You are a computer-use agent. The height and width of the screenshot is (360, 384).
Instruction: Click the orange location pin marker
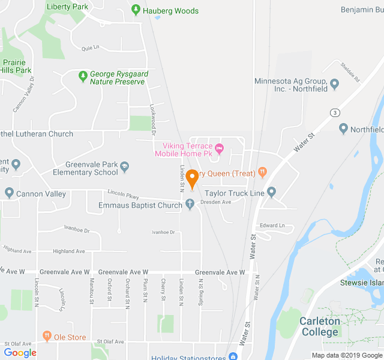pos(192,179)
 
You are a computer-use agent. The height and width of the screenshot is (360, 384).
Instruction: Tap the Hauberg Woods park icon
pos(136,11)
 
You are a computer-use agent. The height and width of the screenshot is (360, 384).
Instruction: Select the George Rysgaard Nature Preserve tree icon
pos(83,77)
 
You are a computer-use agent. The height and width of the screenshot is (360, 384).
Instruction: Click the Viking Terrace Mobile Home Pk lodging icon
pos(219,148)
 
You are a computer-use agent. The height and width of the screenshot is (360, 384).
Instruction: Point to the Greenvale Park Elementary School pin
pos(124,166)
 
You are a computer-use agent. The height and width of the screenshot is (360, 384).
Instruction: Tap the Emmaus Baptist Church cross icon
pos(190,205)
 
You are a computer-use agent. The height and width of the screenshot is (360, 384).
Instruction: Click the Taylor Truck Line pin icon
pos(271,193)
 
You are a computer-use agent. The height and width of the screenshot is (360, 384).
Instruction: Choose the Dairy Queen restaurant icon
pos(262,173)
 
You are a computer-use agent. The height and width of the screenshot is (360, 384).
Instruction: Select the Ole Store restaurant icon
pos(47,337)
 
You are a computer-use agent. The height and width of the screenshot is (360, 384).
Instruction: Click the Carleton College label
pos(320,326)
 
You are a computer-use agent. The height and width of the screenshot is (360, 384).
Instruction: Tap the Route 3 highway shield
pos(335,112)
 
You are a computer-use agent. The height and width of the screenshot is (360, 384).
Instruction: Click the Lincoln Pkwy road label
pos(123,194)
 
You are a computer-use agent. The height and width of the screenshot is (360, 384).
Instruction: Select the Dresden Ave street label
pos(215,202)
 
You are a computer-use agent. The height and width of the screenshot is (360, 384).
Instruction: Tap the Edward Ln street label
pos(272,226)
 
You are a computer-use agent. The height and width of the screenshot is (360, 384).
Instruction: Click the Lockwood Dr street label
pos(152,115)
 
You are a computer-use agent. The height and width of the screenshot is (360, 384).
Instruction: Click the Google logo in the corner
pos(20,353)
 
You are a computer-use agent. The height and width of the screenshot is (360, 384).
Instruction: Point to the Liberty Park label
pos(67,7)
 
